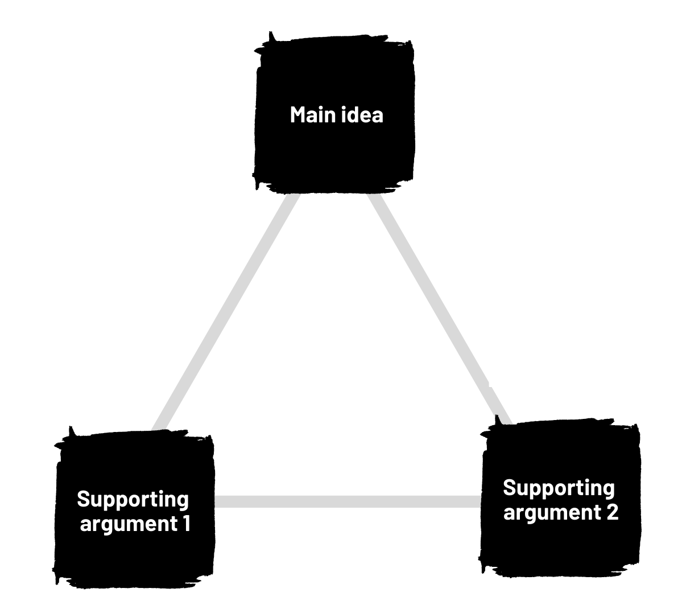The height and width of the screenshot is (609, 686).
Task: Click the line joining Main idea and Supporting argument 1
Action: (x=225, y=313)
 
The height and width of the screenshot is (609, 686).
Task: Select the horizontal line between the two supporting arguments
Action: (x=347, y=501)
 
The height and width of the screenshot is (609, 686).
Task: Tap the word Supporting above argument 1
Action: (x=133, y=500)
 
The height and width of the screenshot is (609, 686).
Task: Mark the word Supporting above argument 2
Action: (x=559, y=488)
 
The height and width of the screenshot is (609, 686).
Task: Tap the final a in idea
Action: (x=377, y=116)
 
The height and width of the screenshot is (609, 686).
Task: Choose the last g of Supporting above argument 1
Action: (x=183, y=501)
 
